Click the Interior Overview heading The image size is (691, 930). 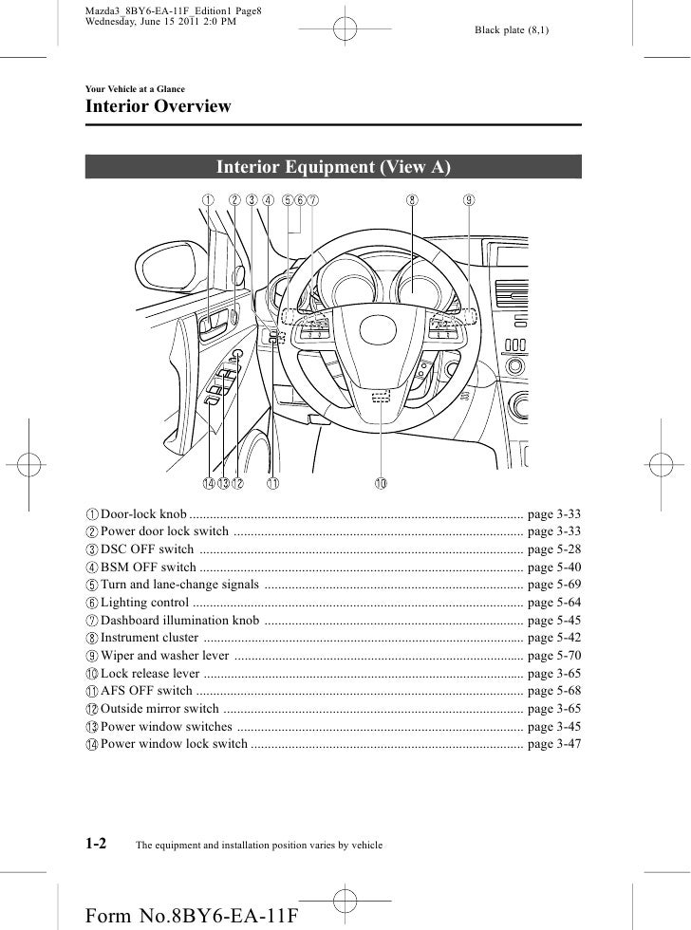[159, 106]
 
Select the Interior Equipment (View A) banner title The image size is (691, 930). [333, 168]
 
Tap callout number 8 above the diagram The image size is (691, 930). [412, 200]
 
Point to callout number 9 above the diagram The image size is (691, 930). [470, 200]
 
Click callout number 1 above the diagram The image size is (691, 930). [207, 200]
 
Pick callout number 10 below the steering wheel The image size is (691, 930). [380, 484]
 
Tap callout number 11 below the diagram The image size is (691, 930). [272, 484]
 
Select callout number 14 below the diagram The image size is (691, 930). [207, 484]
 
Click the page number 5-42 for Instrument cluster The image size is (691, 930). [553, 637]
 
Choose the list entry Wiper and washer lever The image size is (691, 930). [163, 655]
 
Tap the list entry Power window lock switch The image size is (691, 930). [174, 744]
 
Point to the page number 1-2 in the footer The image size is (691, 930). [97, 842]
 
